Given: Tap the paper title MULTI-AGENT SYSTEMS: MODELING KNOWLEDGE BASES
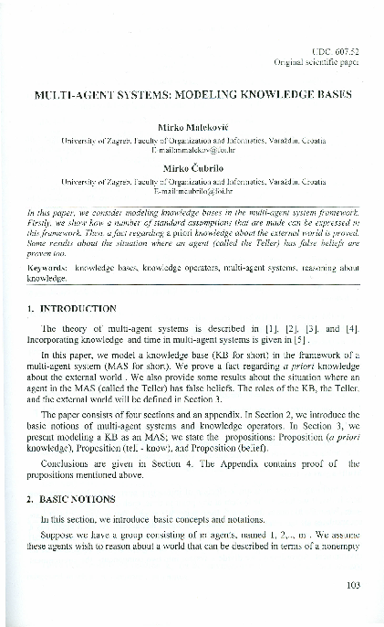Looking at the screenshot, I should tap(192, 95).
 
